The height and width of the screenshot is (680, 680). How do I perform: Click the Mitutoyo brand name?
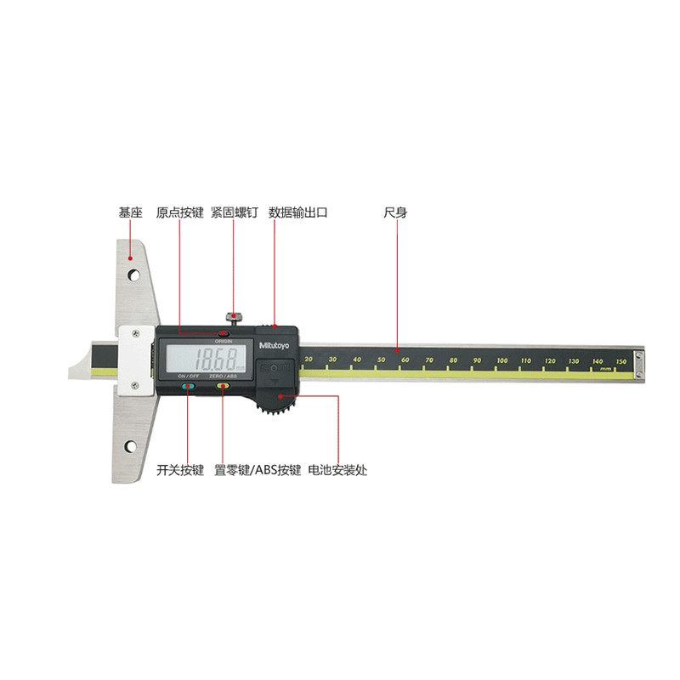(x=273, y=346)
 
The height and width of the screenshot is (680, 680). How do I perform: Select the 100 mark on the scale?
(x=502, y=361)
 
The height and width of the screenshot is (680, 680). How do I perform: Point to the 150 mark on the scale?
(x=620, y=361)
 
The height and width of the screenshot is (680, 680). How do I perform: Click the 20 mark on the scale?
(x=309, y=360)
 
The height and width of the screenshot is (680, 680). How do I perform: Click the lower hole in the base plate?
(x=131, y=447)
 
